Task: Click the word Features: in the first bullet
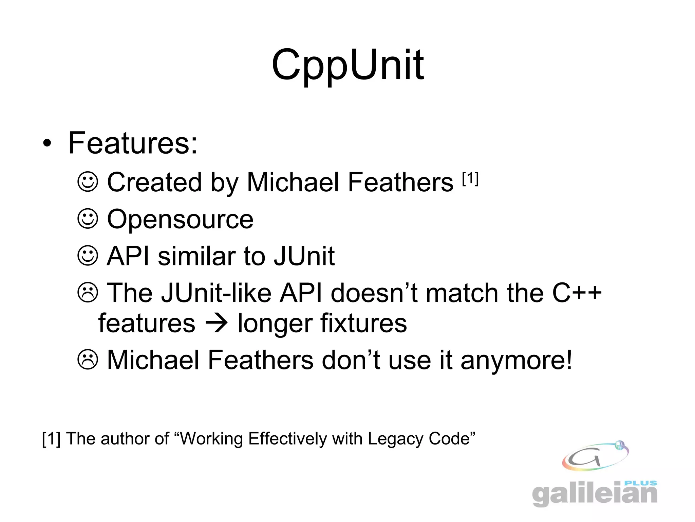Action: [x=133, y=143]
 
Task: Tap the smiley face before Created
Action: [x=88, y=182]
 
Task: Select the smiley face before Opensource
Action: [x=88, y=219]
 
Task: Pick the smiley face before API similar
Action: [x=88, y=256]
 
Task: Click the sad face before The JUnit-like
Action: [x=88, y=293]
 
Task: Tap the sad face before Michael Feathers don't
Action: [x=88, y=360]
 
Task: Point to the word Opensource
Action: [x=180, y=219]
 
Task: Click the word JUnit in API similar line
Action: [x=304, y=256]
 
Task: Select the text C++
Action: [x=577, y=293]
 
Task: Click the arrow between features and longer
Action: [x=216, y=323]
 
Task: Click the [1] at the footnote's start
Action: [x=51, y=438]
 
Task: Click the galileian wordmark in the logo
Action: [x=595, y=494]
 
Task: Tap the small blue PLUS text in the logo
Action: [x=641, y=483]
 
